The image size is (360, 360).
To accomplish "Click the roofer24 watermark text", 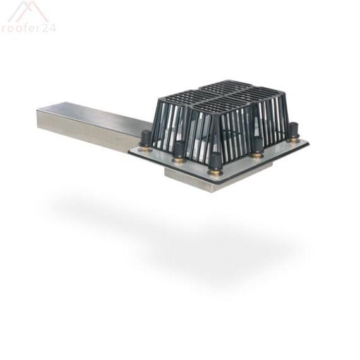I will tap(28, 28).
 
